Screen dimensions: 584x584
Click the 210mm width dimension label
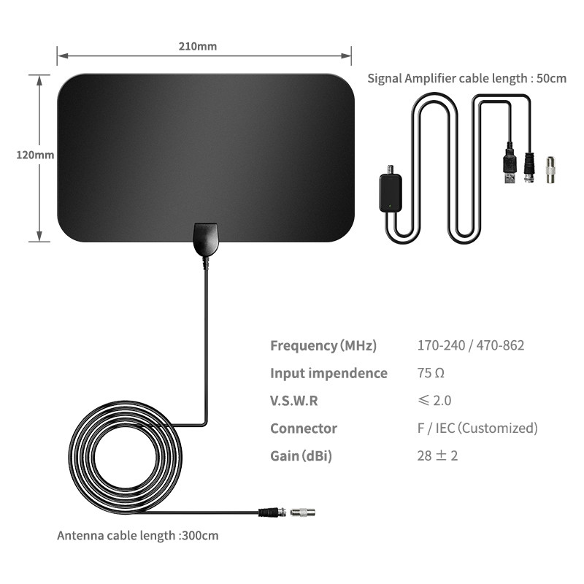[x=197, y=46]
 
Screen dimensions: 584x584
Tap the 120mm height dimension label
[x=35, y=155]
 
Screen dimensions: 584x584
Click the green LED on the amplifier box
[x=390, y=206]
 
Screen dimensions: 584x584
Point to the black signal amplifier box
[x=391, y=193]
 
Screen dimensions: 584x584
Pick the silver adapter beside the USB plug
[x=550, y=169]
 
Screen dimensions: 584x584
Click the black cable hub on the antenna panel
[x=205, y=239]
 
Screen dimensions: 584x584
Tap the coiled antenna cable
[x=125, y=458]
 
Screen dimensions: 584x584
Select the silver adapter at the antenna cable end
[x=302, y=512]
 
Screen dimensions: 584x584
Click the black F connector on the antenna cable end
[x=272, y=512]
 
